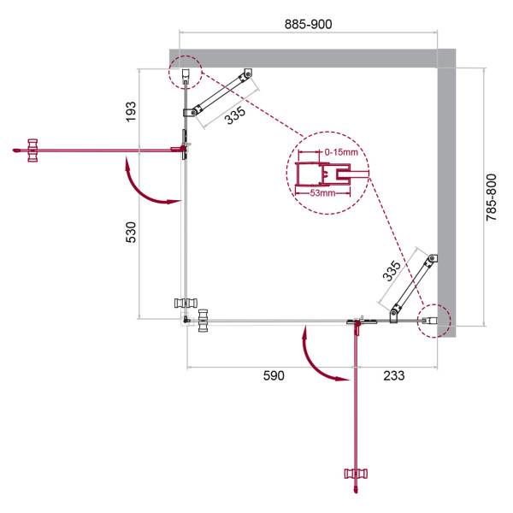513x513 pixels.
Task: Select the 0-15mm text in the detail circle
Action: point(340,152)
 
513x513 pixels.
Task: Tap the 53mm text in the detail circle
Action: point(322,194)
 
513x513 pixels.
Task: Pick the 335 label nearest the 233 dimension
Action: point(392,271)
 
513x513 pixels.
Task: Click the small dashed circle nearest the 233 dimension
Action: point(433,321)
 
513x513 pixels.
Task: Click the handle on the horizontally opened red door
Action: point(33,150)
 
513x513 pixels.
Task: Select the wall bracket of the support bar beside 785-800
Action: point(433,259)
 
